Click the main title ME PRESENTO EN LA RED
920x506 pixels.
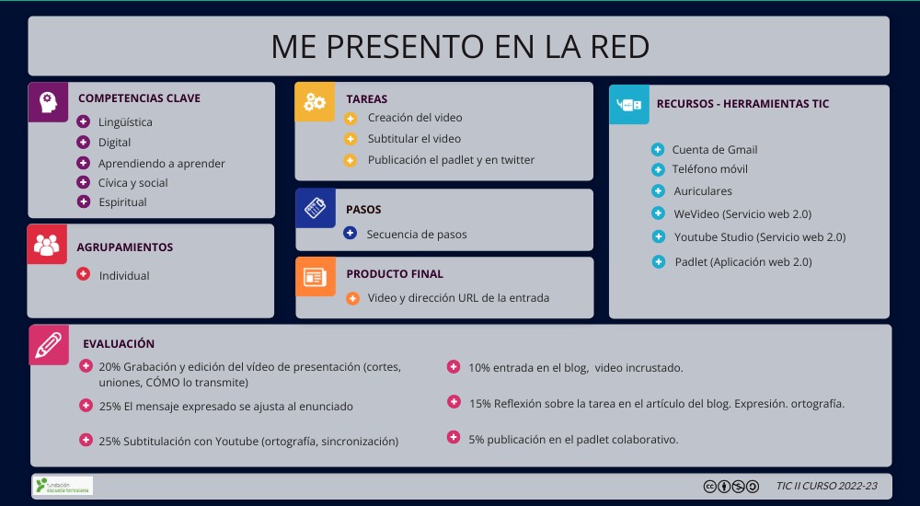[x=459, y=46]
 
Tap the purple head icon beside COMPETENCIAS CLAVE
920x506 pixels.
[x=47, y=101]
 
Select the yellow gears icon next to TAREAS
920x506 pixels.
[x=315, y=101]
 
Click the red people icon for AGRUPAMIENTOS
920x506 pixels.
[x=47, y=245]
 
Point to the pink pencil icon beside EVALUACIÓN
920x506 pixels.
[x=49, y=344]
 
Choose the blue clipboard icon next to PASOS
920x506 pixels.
[x=315, y=208]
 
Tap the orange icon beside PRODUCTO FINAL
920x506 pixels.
[x=315, y=276]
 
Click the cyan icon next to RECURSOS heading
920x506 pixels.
[x=629, y=105]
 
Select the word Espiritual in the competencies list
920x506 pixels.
[x=122, y=202]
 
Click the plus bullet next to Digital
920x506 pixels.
[x=83, y=143]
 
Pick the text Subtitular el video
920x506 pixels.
[x=414, y=139]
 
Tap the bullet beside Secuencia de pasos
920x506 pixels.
[x=350, y=234]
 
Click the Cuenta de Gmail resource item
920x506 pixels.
[x=715, y=150]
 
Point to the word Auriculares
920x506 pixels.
[x=703, y=191]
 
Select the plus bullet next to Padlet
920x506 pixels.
[x=658, y=262]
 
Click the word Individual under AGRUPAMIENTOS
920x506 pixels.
[x=124, y=276]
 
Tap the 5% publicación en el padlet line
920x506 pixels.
[x=573, y=440]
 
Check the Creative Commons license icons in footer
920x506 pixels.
[x=731, y=487]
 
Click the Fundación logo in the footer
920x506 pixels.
[x=63, y=486]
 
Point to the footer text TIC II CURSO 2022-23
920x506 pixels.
[x=826, y=487]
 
